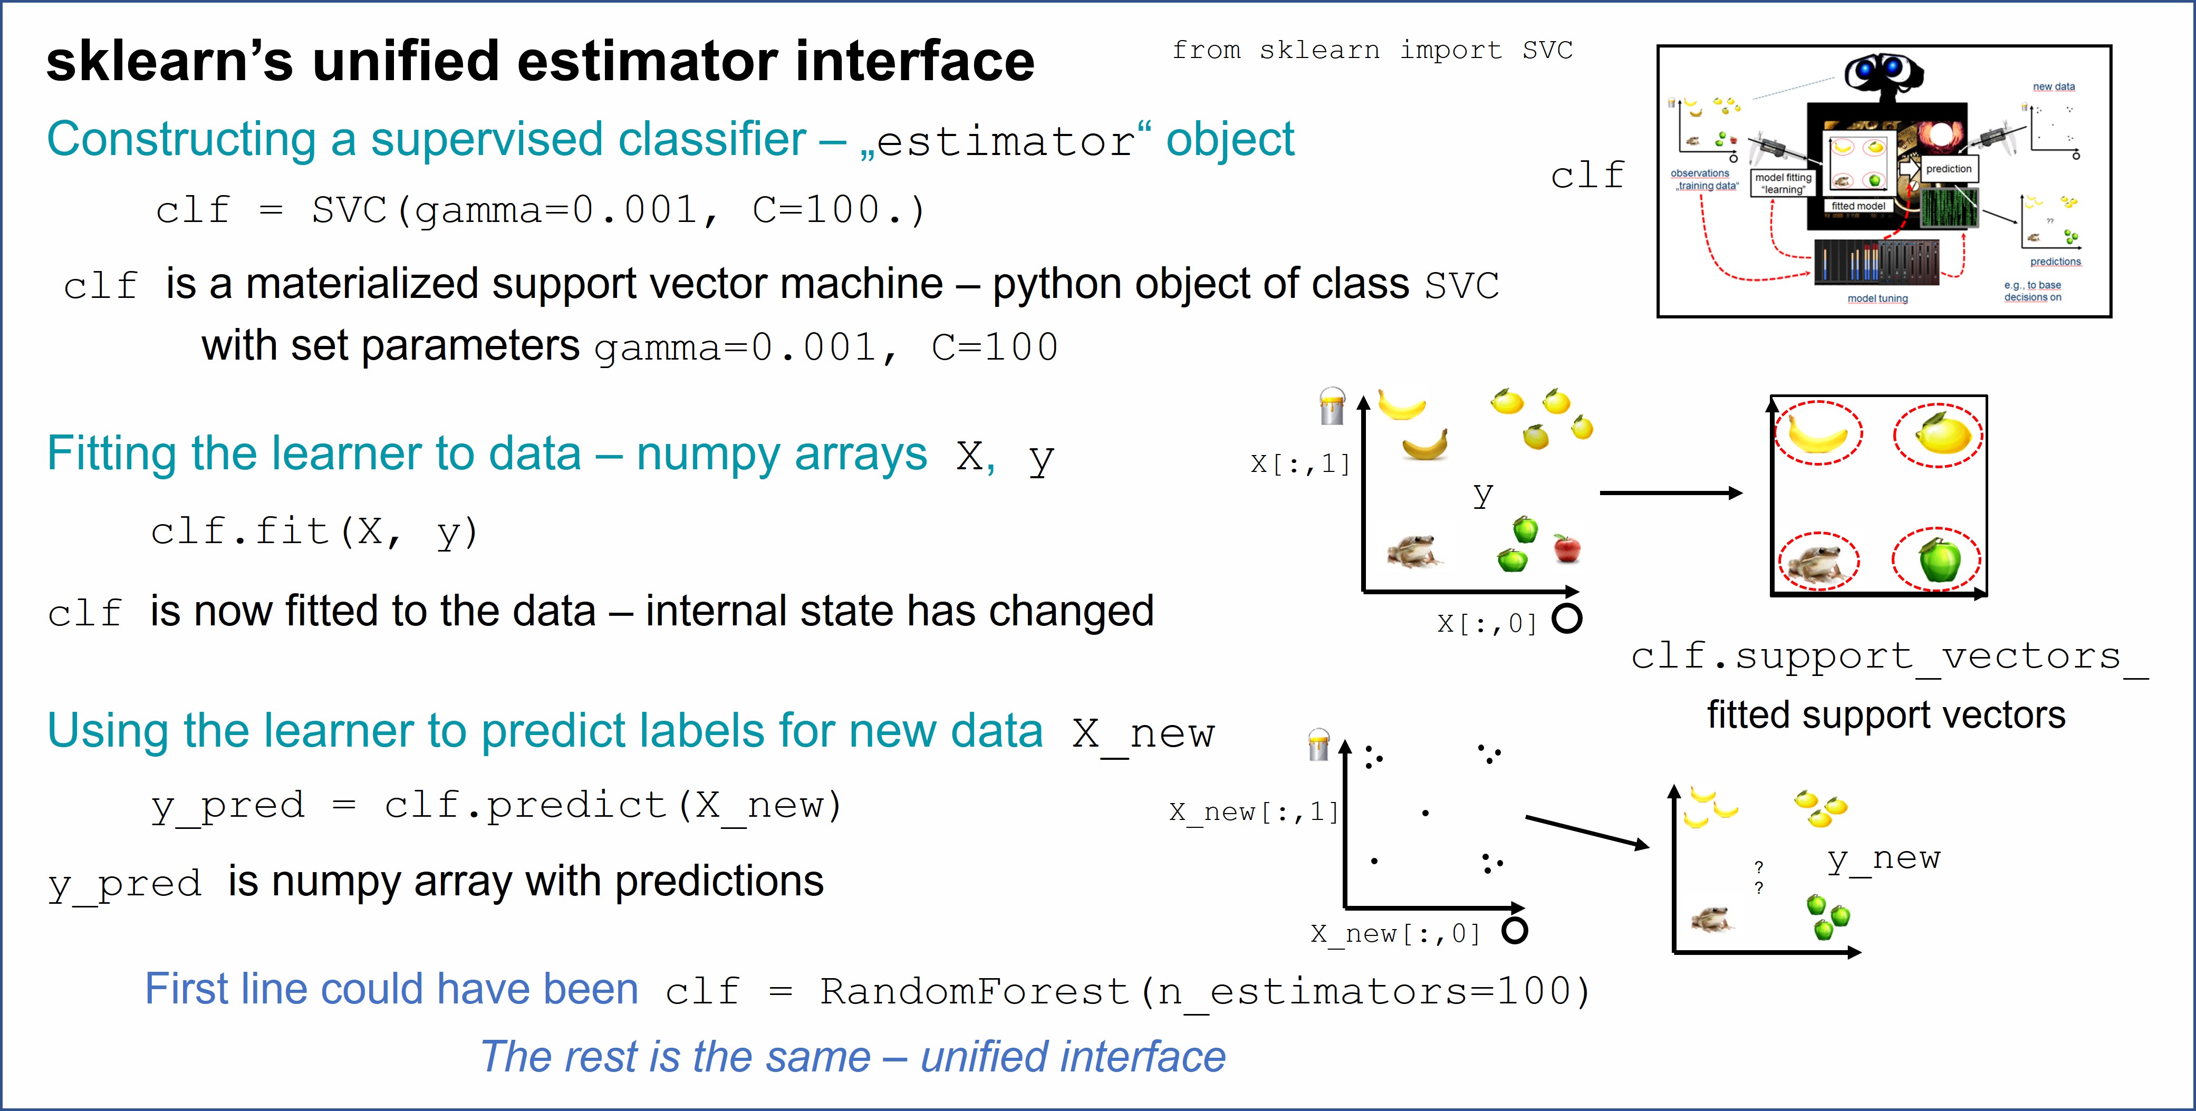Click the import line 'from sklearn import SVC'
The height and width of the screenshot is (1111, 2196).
(1372, 50)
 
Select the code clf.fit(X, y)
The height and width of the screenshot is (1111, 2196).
(314, 532)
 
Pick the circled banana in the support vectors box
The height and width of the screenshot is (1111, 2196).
(1818, 433)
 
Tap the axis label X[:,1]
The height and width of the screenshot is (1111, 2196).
(1300, 464)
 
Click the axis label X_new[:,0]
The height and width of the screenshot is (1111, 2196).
(1395, 934)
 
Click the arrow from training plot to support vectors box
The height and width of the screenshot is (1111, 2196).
(1671, 493)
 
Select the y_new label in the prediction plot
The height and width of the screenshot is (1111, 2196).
(1884, 858)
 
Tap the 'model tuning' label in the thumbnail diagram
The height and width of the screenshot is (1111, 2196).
(1877, 298)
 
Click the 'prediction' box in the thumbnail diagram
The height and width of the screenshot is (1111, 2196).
(1948, 169)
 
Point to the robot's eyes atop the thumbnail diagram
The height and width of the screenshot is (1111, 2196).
(1882, 70)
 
